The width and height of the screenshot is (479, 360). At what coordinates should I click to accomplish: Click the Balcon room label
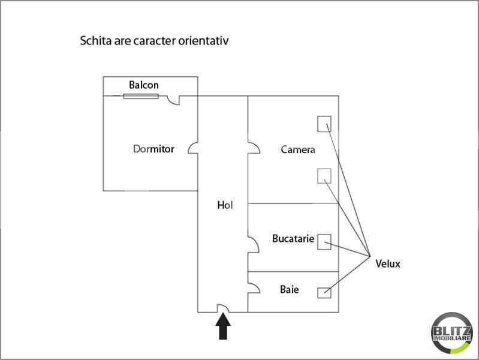(143, 85)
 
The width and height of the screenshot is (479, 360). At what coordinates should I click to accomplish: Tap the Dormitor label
(153, 149)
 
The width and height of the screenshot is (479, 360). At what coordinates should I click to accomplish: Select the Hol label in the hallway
(225, 205)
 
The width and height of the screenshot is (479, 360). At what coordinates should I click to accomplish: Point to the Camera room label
(298, 149)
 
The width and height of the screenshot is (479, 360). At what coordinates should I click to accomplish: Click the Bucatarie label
(293, 239)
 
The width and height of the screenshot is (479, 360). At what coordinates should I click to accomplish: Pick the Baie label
(290, 289)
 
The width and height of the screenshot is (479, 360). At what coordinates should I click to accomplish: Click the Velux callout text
(388, 263)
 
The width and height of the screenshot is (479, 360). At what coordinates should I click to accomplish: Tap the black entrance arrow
(223, 326)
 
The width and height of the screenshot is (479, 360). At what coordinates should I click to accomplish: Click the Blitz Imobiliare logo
(451, 333)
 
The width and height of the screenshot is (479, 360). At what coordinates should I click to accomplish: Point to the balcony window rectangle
(141, 97)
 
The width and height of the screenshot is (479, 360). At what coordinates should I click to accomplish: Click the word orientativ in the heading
(203, 41)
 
